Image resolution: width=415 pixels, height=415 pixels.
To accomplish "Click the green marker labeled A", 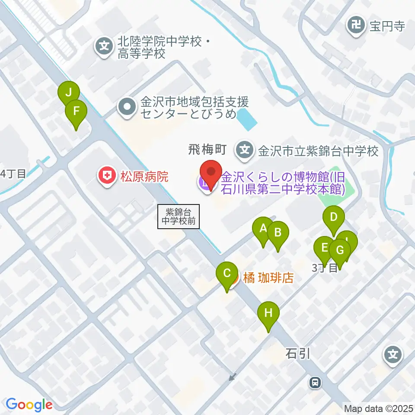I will click(x=263, y=228).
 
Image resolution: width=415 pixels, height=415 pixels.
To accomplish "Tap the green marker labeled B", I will click(x=278, y=233).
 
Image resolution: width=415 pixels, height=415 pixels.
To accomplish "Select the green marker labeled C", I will click(x=227, y=274).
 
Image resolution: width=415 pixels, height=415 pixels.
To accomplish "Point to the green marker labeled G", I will click(x=340, y=250).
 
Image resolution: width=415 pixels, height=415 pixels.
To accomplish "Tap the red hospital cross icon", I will click(x=105, y=176).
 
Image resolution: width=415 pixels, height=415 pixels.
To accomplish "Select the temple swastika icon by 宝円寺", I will click(x=357, y=26).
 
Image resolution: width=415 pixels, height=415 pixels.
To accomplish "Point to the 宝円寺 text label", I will click(x=387, y=26).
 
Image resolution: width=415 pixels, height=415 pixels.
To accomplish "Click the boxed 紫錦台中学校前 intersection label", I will click(x=179, y=217).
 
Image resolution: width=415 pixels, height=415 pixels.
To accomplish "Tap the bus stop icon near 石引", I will click(x=316, y=382).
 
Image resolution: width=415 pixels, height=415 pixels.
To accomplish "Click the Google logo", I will click(x=29, y=405).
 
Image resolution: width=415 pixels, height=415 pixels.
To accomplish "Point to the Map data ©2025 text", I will click(x=378, y=408).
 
